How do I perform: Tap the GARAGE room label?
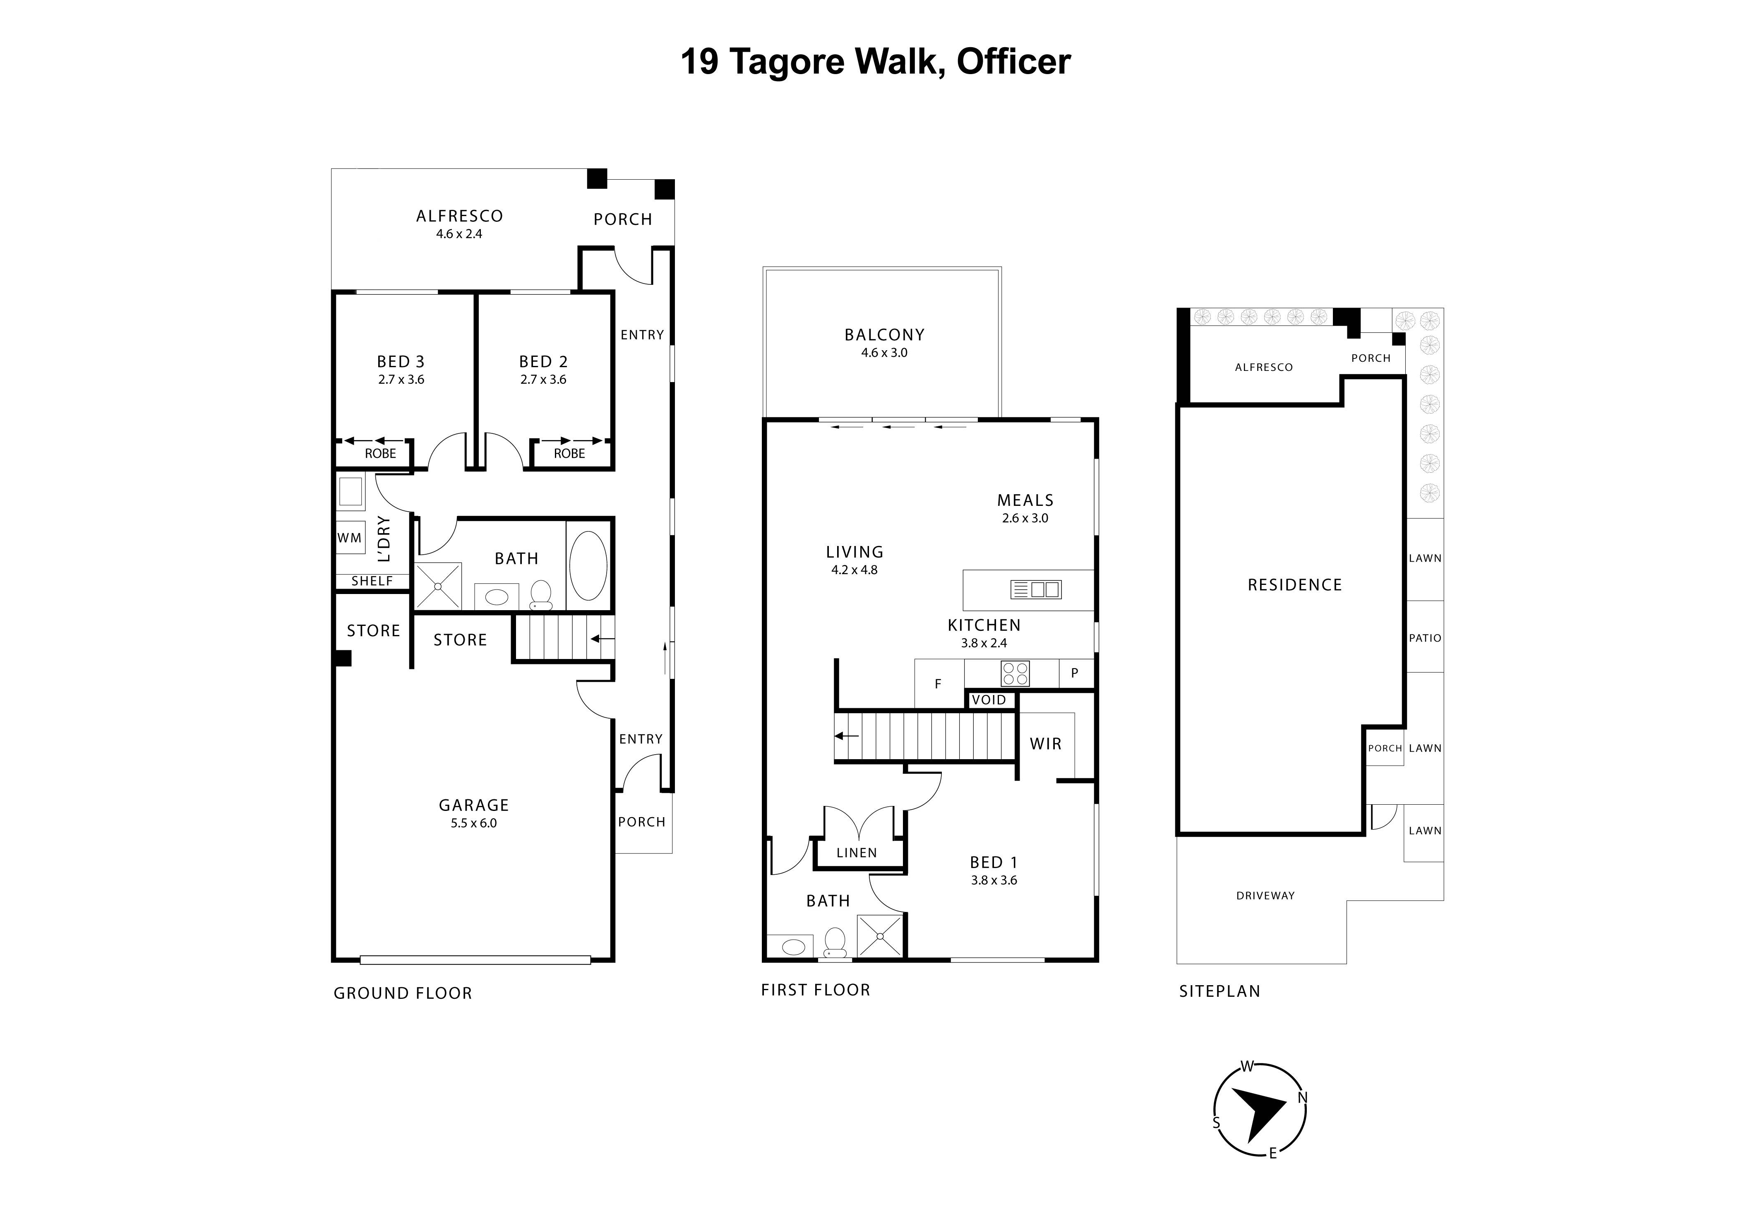coord(474,805)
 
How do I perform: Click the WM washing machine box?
coord(350,538)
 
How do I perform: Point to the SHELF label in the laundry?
coord(372,581)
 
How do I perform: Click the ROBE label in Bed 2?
coord(569,454)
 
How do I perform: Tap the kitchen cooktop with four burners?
coord(1015,673)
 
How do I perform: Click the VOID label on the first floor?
coord(989,700)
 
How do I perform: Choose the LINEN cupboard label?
coord(857,853)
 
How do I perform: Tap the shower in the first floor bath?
coord(880,936)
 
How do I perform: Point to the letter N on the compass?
coord(1303,1097)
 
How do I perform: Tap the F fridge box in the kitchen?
coord(938,684)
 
